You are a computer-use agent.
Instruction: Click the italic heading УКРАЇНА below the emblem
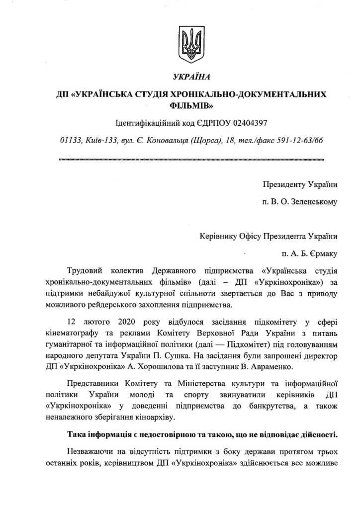point(191,77)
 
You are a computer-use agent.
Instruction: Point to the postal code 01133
point(69,140)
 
